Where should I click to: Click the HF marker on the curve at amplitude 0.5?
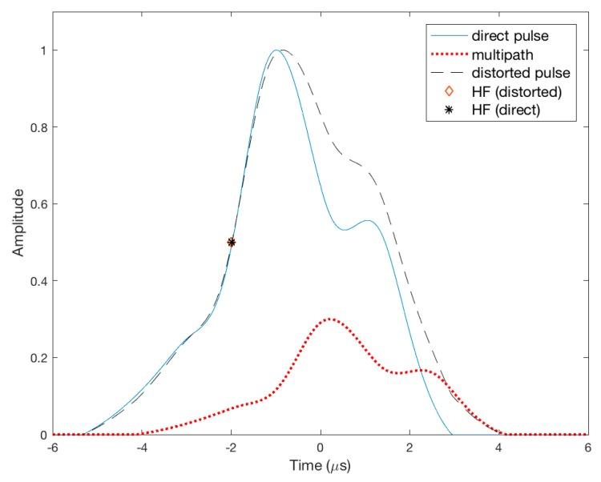click(x=232, y=242)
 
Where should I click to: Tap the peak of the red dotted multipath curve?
click(x=330, y=319)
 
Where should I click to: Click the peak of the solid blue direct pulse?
click(x=276, y=50)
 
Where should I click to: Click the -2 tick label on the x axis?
click(x=231, y=448)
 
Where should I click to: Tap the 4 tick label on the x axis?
click(x=498, y=448)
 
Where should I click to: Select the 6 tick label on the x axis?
click(x=587, y=448)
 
